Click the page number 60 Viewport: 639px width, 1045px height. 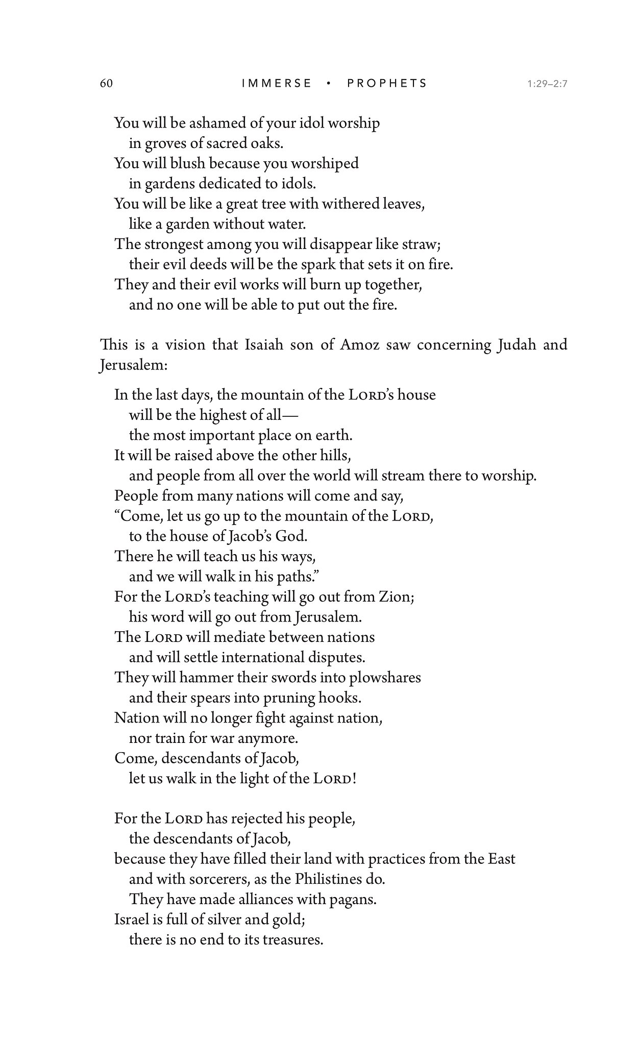(106, 83)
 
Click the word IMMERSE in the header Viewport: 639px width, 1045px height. (276, 83)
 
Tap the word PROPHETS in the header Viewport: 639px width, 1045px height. (387, 83)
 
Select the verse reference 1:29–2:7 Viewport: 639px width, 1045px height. (548, 84)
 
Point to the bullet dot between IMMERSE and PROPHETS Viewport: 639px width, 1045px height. (330, 83)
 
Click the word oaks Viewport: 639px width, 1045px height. (267, 143)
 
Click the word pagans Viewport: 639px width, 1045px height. (354, 899)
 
